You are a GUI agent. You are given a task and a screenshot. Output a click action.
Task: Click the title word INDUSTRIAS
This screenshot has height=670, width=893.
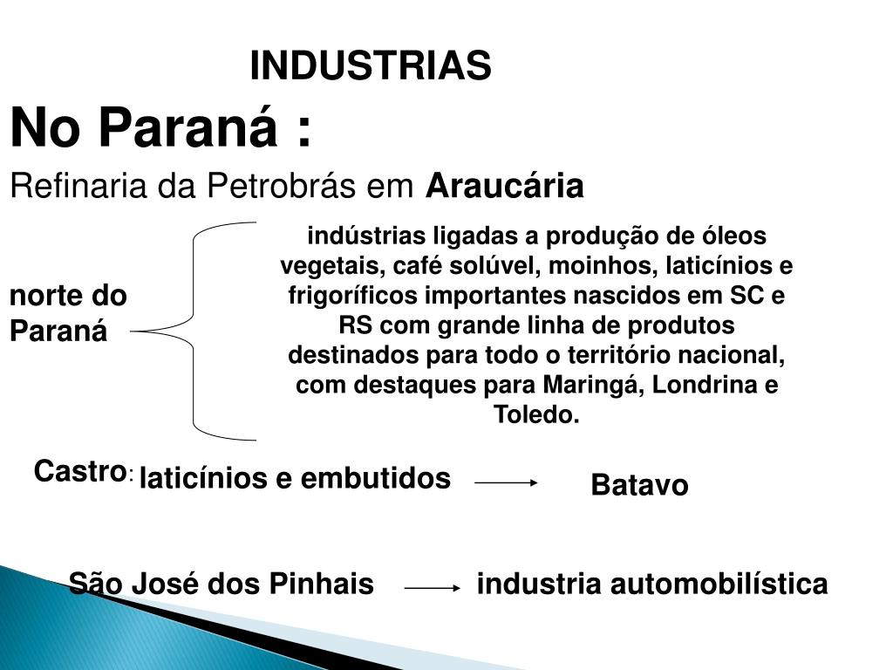pos(371,66)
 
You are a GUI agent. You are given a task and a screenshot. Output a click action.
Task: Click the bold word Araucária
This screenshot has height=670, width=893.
pos(505,186)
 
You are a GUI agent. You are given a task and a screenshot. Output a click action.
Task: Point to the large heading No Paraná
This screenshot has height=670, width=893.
pos(160,129)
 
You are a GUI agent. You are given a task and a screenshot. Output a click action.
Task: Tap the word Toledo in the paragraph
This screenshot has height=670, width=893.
pos(535,414)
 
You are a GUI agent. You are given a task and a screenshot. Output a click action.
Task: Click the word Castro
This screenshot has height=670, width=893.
pos(77,472)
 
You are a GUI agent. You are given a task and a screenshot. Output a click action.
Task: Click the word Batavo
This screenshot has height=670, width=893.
pos(639,485)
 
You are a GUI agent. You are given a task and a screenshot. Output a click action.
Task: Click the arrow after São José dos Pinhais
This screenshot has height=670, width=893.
pos(433,589)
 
